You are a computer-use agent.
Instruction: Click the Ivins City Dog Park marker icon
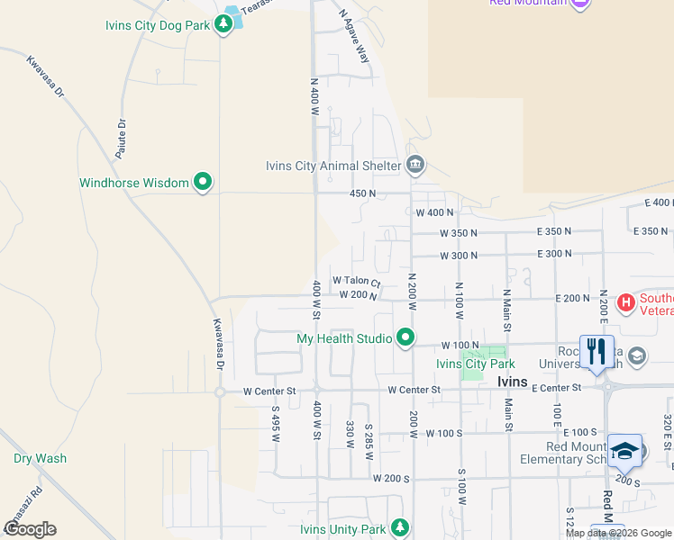(x=223, y=25)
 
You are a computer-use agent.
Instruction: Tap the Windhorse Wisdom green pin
(x=203, y=183)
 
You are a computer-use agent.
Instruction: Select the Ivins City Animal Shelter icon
(x=415, y=165)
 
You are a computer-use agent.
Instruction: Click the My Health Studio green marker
(x=406, y=338)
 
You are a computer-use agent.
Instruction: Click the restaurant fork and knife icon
(x=597, y=351)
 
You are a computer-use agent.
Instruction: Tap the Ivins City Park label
(x=475, y=364)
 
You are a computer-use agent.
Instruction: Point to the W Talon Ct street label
(x=357, y=282)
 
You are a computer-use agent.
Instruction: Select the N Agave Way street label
(x=354, y=36)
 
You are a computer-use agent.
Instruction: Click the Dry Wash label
(x=40, y=458)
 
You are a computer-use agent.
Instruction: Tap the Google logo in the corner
(x=30, y=529)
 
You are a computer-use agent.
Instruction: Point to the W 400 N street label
(x=434, y=212)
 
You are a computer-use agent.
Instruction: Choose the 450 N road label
(x=362, y=193)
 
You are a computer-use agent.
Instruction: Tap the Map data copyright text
(x=618, y=533)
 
